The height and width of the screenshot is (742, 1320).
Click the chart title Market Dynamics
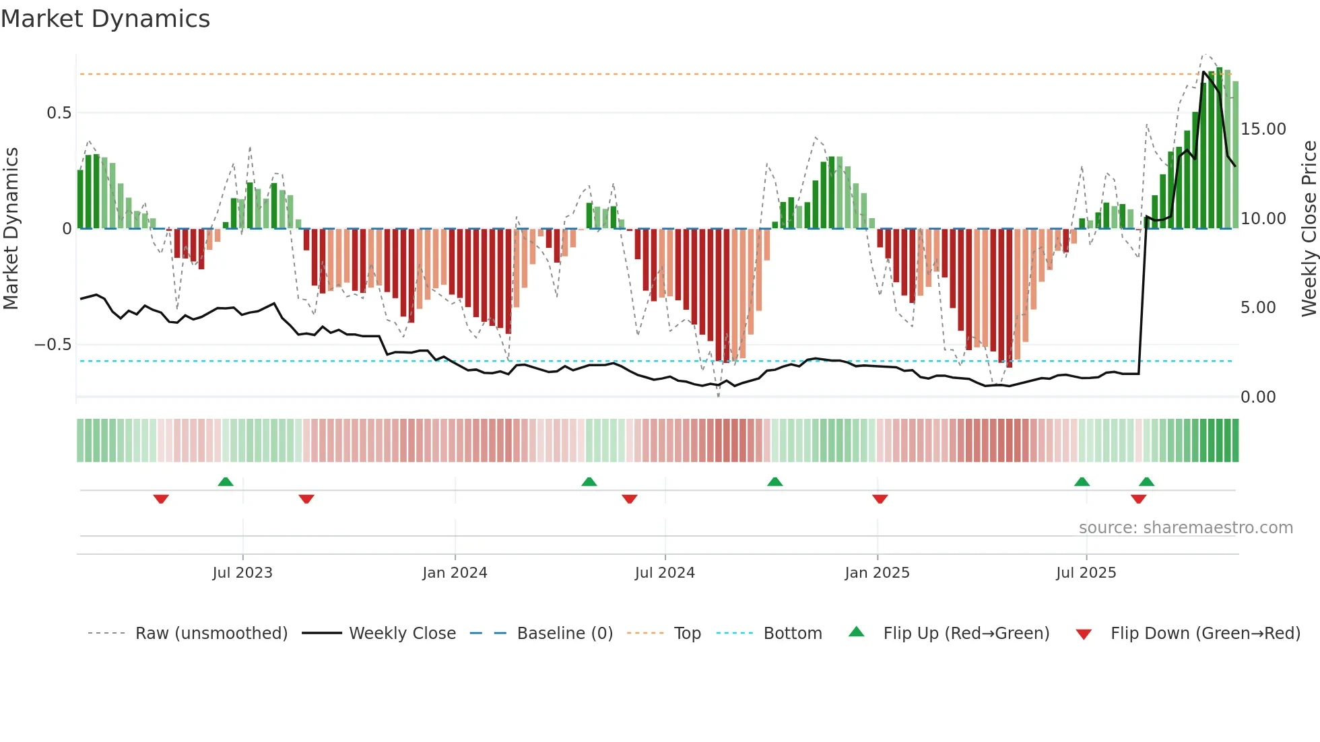click(x=105, y=19)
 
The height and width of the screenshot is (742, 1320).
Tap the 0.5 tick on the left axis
click(x=59, y=112)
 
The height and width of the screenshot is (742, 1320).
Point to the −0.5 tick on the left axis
click(x=53, y=345)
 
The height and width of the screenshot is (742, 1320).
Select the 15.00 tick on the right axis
click(x=1263, y=129)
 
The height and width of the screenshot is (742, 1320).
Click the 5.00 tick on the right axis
click(x=1258, y=308)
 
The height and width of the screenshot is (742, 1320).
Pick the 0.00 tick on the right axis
click(x=1258, y=397)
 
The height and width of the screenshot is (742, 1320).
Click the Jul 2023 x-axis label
click(x=242, y=573)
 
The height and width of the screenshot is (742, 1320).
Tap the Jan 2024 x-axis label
click(x=455, y=573)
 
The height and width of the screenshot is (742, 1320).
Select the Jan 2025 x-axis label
click(x=877, y=573)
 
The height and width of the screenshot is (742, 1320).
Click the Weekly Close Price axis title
click(x=1309, y=228)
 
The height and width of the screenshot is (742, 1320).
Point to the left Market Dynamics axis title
click(x=11, y=228)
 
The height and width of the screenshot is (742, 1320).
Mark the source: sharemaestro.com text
click(x=1185, y=528)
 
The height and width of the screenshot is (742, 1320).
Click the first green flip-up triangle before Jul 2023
click(x=226, y=482)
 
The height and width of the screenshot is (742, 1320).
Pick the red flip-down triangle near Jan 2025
click(x=880, y=499)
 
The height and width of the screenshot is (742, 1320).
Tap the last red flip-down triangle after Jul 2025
click(x=1138, y=499)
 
